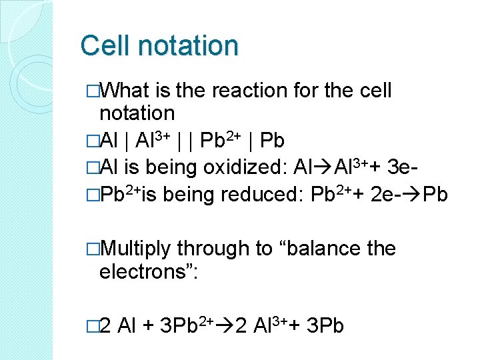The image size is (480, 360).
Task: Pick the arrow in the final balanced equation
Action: [223, 327]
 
